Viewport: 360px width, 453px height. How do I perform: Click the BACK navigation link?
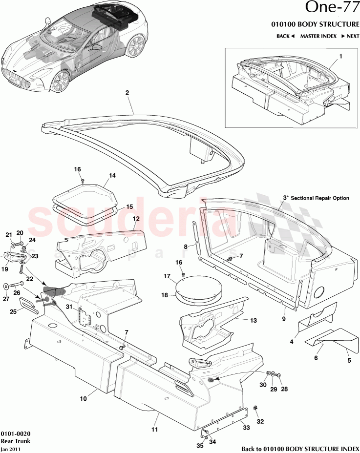[285, 36]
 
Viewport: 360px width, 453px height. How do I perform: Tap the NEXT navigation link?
[350, 36]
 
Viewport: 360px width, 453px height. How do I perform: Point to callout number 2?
[127, 92]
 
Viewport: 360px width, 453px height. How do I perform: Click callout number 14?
[112, 175]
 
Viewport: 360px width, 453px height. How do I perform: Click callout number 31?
[69, 307]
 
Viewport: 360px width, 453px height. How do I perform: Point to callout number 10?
[84, 398]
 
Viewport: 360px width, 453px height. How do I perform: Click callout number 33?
[247, 427]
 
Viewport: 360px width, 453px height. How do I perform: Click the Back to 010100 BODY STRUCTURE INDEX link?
[299, 449]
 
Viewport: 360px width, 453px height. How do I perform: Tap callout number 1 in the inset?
[340, 56]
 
